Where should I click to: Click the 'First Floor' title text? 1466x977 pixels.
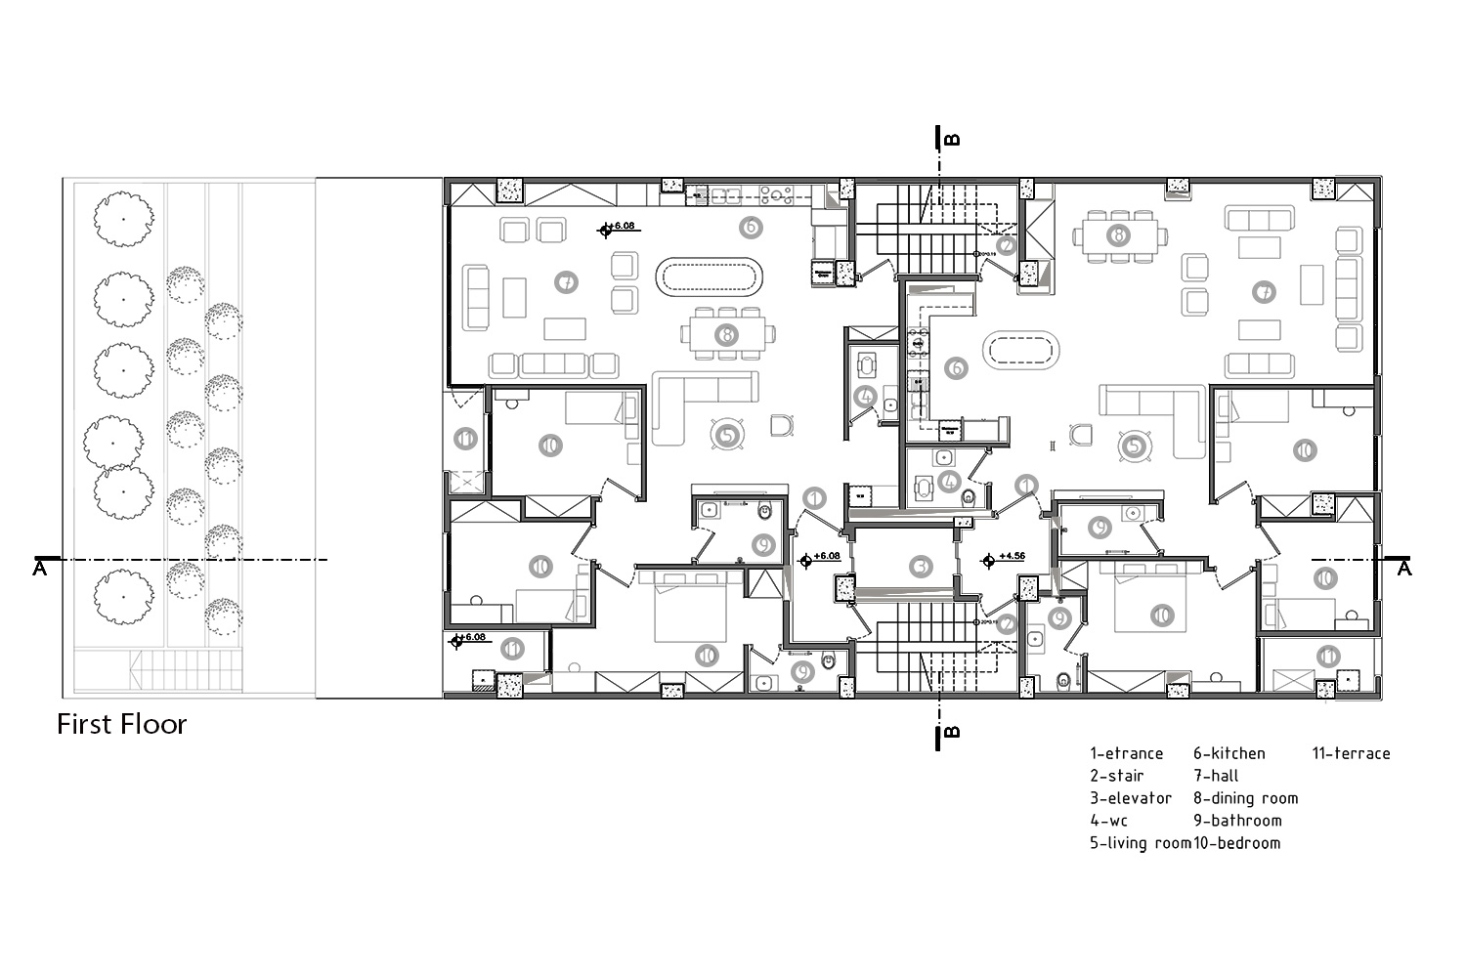click(121, 724)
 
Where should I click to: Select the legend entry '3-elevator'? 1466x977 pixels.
click(1131, 798)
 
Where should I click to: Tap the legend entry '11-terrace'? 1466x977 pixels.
click(1351, 753)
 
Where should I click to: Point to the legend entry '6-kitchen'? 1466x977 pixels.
click(1229, 753)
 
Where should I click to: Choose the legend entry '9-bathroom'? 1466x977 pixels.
click(1236, 821)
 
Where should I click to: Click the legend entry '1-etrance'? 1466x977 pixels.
click(1126, 753)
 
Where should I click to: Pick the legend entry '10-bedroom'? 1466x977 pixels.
click(1236, 843)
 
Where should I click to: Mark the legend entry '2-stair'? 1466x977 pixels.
click(1116, 776)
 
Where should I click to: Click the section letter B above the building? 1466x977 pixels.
click(954, 140)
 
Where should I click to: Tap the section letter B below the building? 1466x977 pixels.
click(954, 732)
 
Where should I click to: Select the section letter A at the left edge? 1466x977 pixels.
click(39, 569)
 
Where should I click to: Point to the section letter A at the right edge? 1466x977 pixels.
click(1404, 569)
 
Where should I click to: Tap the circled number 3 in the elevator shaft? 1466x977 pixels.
click(920, 567)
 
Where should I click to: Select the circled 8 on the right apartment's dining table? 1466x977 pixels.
click(1118, 235)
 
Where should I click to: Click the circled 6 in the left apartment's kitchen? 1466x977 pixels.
click(750, 228)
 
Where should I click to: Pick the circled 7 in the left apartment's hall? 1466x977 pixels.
click(566, 283)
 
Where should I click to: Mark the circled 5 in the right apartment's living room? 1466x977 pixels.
click(1134, 446)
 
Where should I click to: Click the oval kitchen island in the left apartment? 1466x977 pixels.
click(711, 277)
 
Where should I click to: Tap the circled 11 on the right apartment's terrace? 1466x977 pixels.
click(1326, 656)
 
